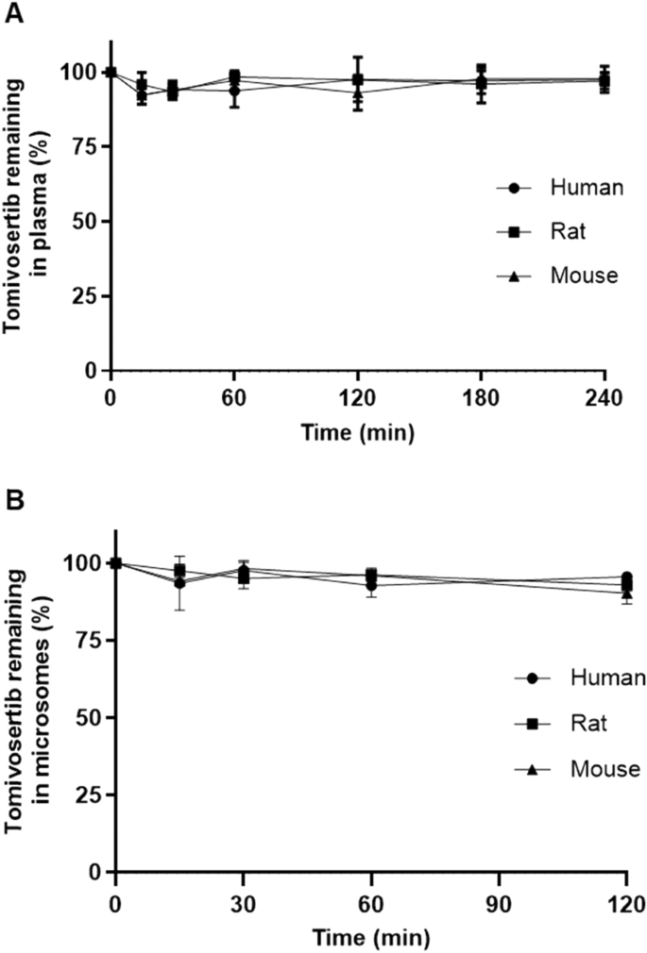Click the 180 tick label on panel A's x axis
click(x=482, y=396)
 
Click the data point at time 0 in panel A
click(x=111, y=72)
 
